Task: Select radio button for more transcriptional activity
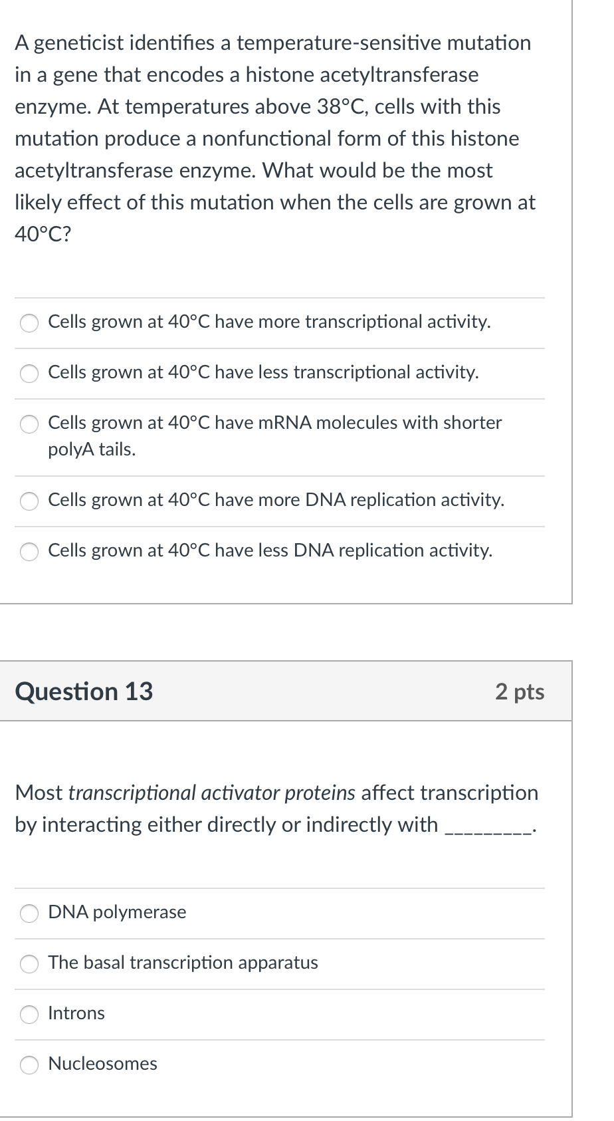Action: tap(29, 322)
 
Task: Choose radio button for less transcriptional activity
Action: tap(29, 373)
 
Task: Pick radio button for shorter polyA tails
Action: tap(29, 424)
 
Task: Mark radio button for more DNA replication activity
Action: tap(29, 501)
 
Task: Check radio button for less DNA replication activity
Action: tap(29, 551)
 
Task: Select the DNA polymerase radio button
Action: tap(29, 913)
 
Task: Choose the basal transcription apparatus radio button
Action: tap(29, 963)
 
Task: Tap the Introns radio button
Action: tap(29, 1014)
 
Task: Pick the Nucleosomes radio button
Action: tap(29, 1064)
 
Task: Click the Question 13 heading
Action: tap(84, 691)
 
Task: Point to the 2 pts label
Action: tap(520, 691)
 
